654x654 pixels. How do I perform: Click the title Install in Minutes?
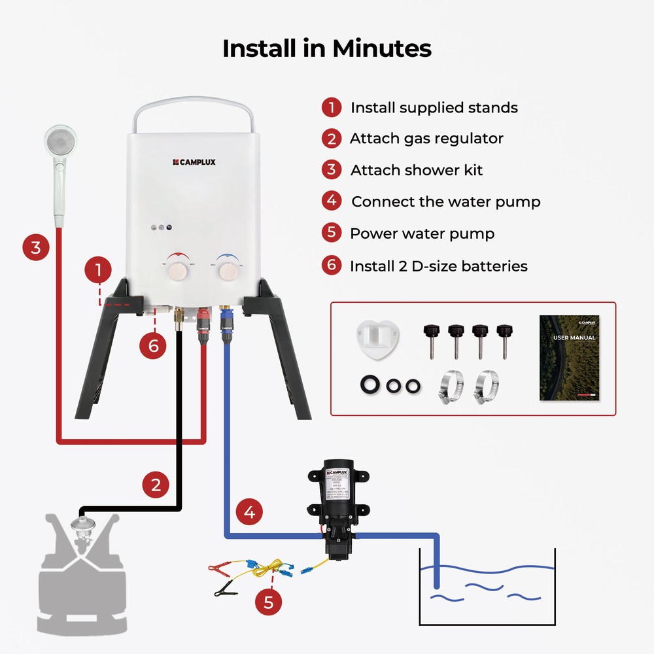(326, 49)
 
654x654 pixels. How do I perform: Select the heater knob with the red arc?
(176, 270)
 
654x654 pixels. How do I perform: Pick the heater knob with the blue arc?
(228, 270)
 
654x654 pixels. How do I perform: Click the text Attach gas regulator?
(426, 139)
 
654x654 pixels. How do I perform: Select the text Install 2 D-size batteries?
(438, 266)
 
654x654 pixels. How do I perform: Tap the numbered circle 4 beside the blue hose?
(249, 511)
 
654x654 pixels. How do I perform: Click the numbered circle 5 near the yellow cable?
(268, 602)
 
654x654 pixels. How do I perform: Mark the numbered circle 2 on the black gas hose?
(156, 485)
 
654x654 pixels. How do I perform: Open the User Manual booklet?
(569, 358)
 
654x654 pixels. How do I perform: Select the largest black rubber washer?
(370, 384)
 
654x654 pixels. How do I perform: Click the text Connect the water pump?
(446, 201)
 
